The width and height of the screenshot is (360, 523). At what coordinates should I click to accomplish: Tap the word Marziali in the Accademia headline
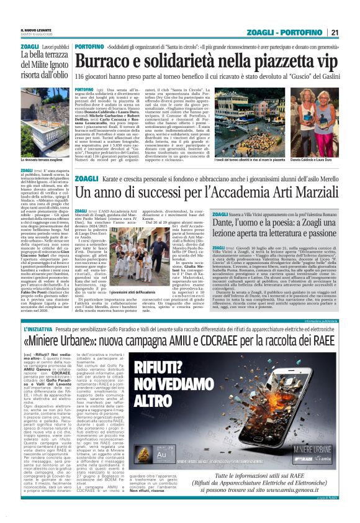click(x=310, y=211)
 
